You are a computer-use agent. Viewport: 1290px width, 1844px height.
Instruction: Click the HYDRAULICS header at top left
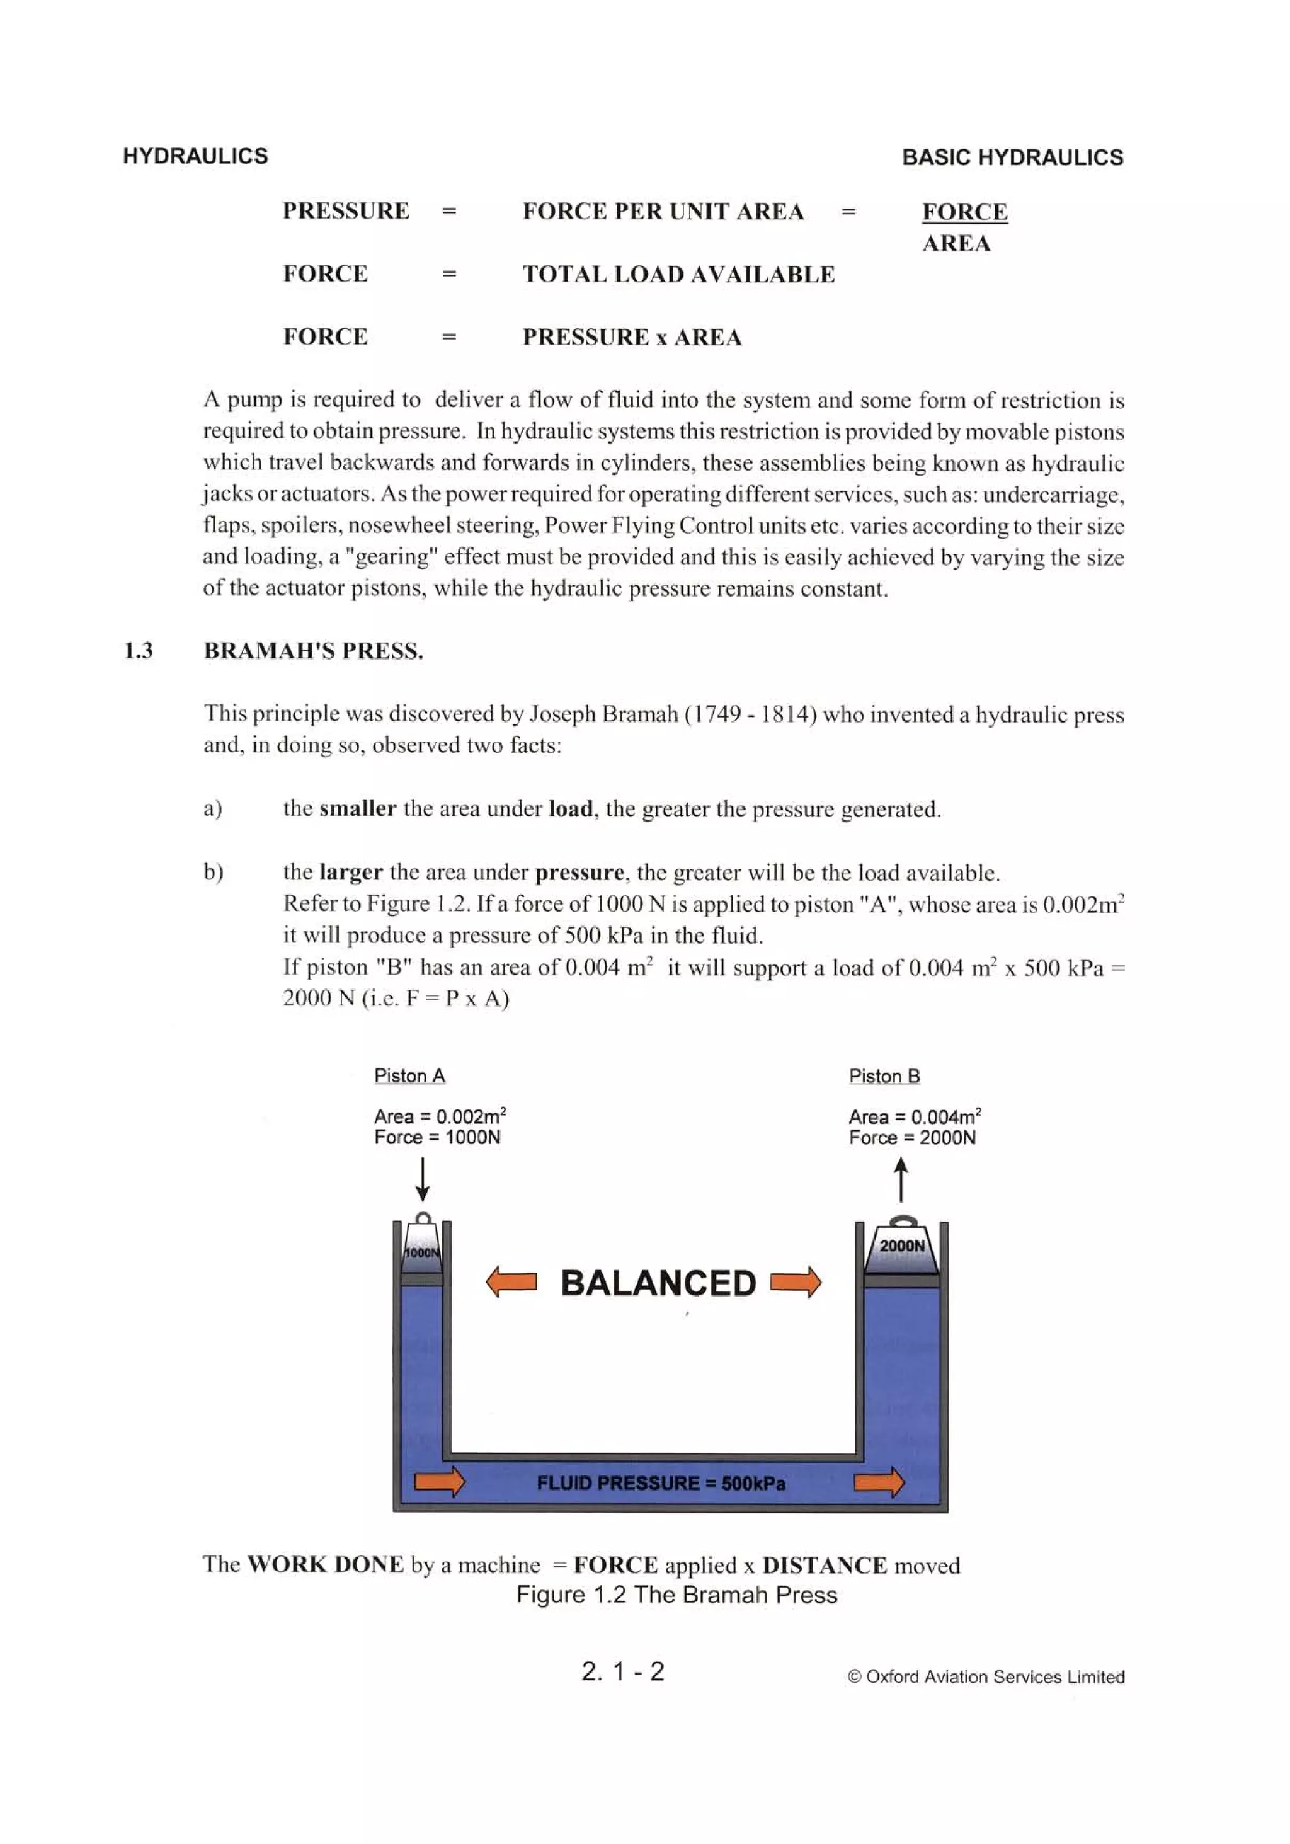click(195, 156)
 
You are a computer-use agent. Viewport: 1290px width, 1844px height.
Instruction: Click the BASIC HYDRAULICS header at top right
click(1012, 157)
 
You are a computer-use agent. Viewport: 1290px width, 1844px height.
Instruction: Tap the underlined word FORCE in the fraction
click(964, 212)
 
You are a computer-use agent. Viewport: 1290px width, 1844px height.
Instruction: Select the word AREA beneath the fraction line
click(956, 243)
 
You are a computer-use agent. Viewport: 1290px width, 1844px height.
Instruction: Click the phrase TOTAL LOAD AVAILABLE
click(679, 275)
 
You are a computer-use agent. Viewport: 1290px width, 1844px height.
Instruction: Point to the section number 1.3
click(138, 651)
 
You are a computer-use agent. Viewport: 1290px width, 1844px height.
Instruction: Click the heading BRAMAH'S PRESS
click(313, 651)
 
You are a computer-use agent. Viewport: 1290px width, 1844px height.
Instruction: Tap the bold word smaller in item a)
click(357, 809)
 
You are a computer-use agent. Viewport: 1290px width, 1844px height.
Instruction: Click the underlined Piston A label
click(409, 1076)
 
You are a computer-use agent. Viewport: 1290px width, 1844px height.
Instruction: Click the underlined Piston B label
click(884, 1076)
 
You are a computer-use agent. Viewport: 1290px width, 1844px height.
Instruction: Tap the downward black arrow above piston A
click(423, 1180)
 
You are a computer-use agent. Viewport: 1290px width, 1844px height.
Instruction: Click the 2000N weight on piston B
click(902, 1248)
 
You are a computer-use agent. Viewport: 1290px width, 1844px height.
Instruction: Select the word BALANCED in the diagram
click(658, 1283)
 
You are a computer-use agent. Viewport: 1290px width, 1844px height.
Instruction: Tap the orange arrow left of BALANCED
click(511, 1282)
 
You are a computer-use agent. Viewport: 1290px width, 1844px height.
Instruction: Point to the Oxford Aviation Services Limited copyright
click(986, 1677)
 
